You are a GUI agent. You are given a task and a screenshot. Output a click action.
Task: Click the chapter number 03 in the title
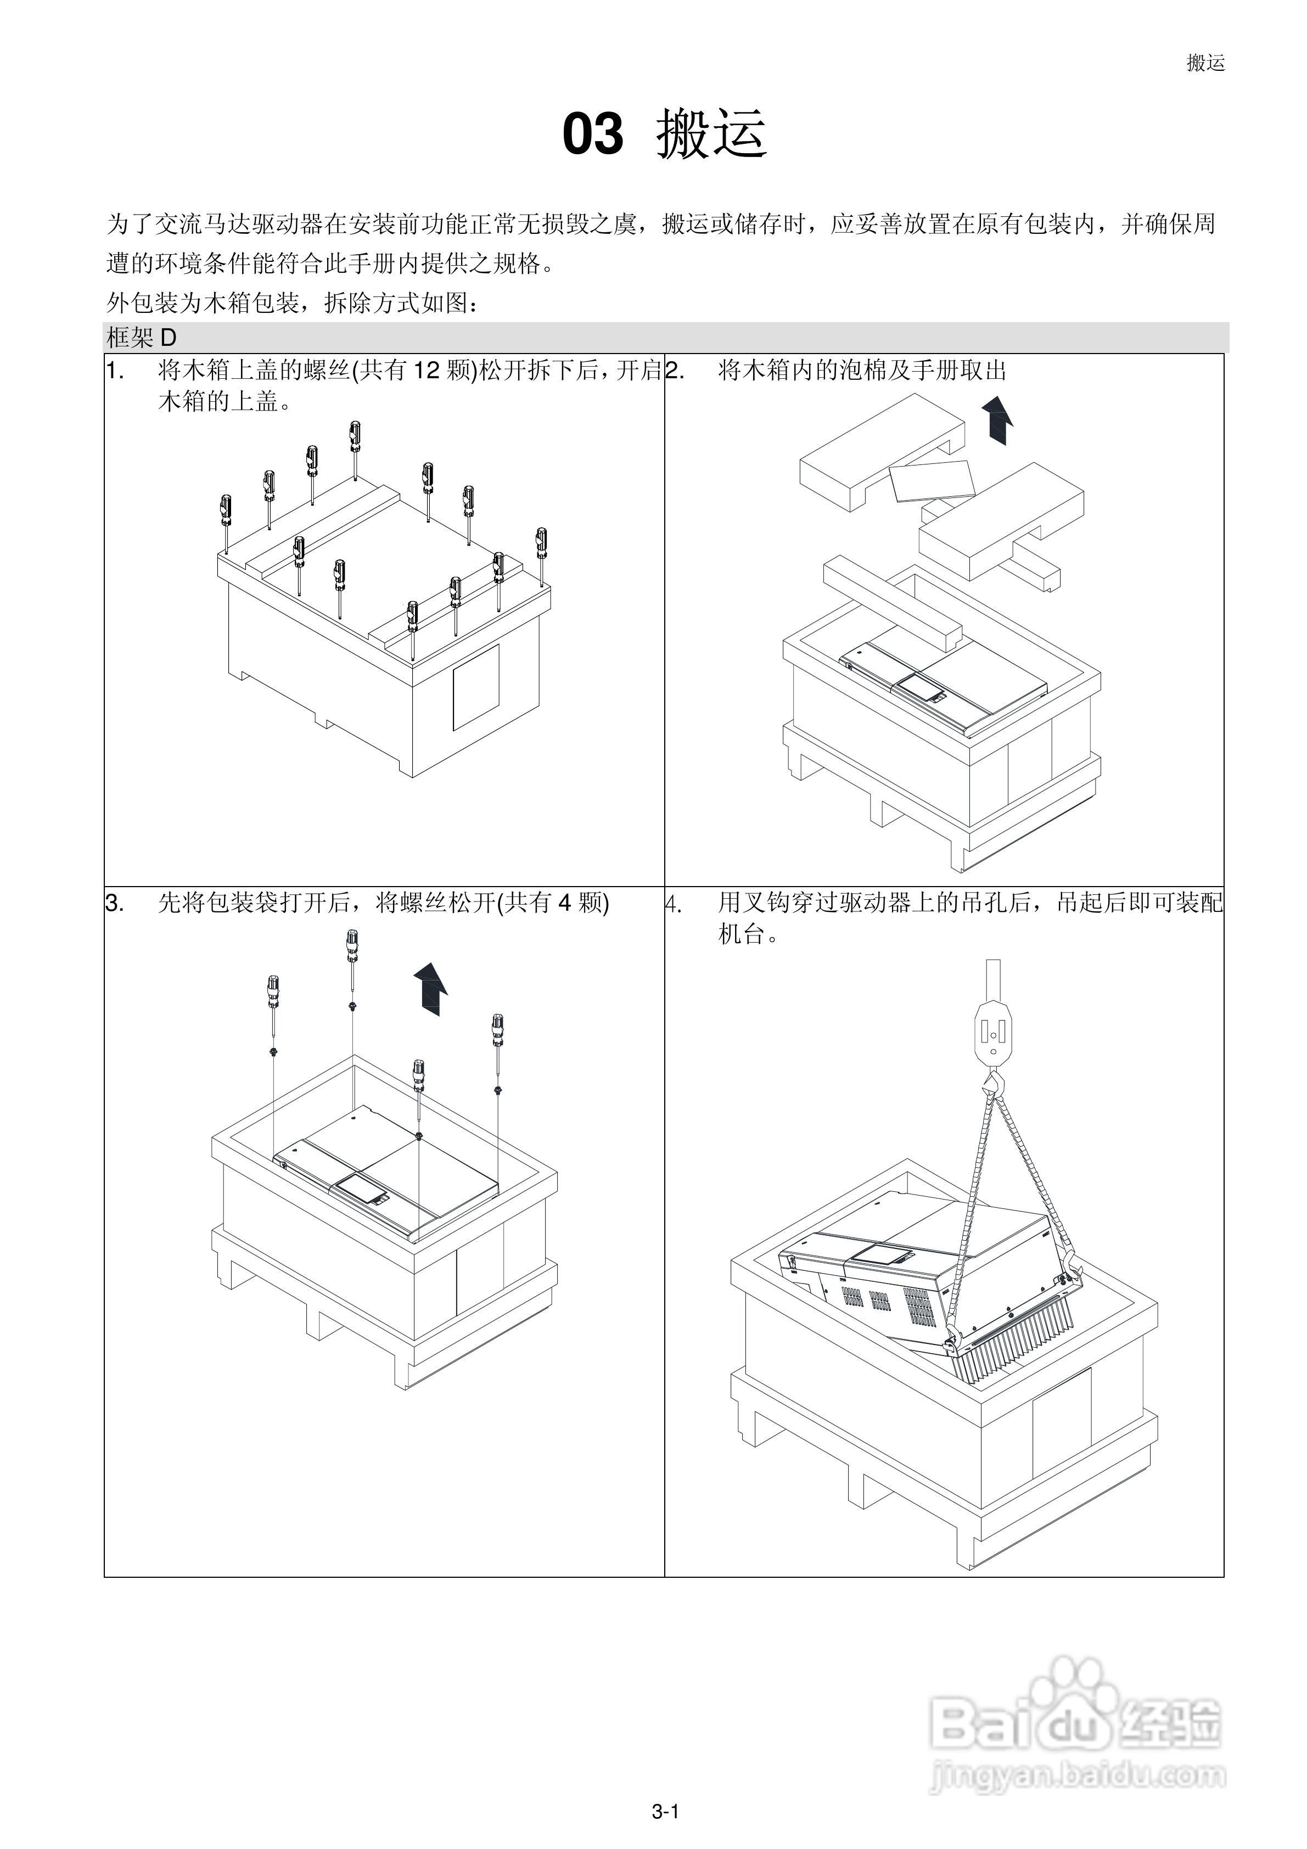(593, 135)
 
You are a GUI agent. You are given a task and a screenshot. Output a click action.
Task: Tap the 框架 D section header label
(141, 338)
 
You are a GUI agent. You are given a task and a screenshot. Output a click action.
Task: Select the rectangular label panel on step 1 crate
(475, 686)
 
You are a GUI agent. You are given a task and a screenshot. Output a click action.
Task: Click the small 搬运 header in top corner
(1205, 63)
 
